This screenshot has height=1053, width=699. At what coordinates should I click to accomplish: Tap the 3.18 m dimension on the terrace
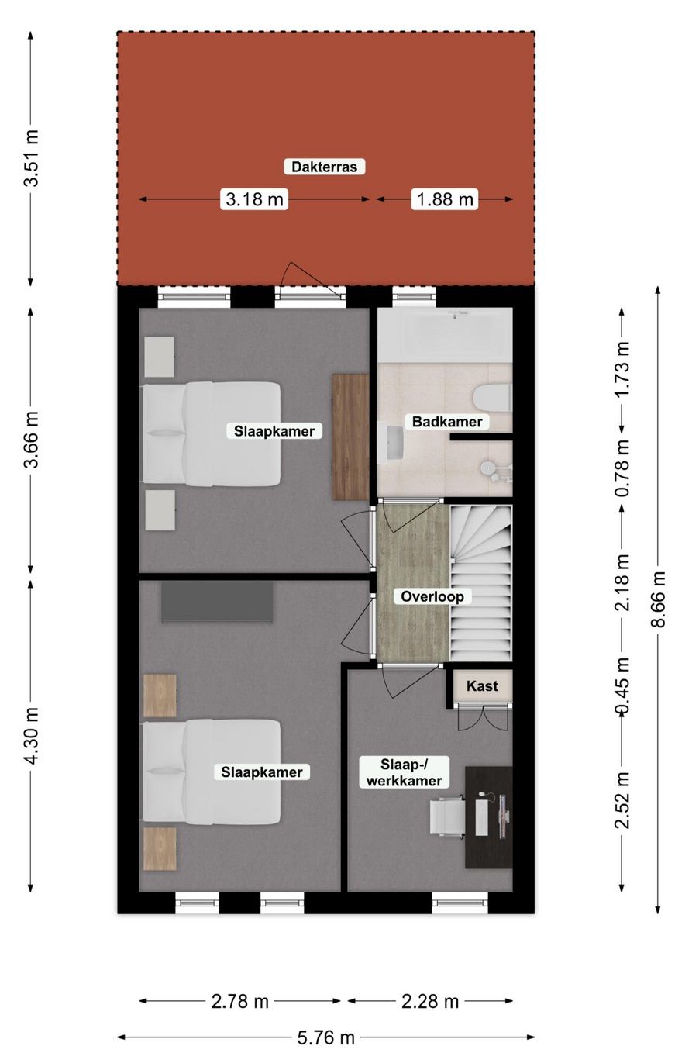click(254, 199)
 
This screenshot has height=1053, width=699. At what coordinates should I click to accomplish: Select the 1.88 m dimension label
click(445, 199)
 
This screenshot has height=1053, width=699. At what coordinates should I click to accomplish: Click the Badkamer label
click(447, 422)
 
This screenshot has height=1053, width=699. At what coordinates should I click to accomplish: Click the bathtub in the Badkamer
click(445, 334)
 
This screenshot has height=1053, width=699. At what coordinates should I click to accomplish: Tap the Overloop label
click(432, 596)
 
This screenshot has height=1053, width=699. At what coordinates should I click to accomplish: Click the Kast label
click(482, 686)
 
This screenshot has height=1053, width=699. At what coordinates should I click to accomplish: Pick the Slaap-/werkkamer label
click(404, 772)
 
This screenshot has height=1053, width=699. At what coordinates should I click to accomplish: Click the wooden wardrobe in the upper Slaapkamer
click(349, 437)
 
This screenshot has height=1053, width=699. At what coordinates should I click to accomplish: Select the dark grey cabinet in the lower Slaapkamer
click(217, 602)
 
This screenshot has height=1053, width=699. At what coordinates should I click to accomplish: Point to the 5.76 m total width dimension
click(325, 1037)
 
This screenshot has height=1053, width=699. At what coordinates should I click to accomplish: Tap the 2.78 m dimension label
click(240, 1001)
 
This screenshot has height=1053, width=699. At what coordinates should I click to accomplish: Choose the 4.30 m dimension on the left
click(31, 735)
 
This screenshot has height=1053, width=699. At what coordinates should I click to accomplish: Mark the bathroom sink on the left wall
click(388, 444)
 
